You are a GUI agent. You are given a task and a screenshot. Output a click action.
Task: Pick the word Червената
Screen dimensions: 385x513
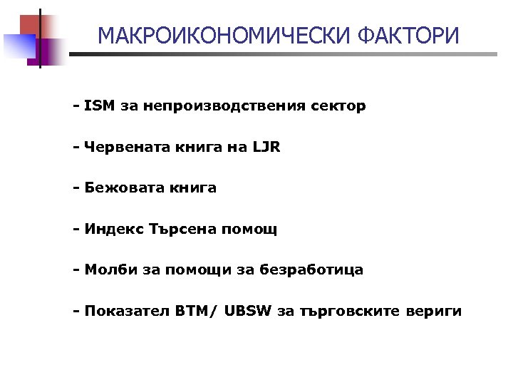coord(123,148)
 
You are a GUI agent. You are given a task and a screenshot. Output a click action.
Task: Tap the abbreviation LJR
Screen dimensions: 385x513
coord(266,148)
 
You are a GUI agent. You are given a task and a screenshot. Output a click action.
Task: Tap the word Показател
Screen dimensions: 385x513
coord(127,312)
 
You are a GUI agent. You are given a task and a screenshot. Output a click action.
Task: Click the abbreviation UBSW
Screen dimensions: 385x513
coord(248,312)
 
